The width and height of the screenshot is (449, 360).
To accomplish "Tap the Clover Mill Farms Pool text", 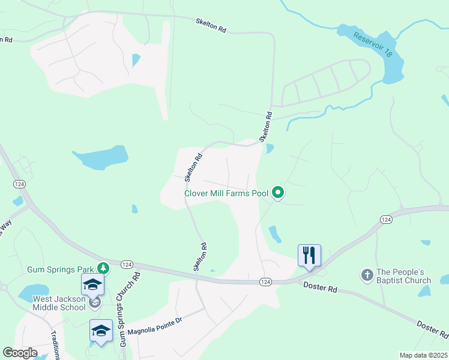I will coord(226,193).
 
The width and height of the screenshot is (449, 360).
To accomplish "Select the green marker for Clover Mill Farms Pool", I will coord(278,193).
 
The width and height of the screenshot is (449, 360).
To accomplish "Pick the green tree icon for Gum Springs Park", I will coord(104,266).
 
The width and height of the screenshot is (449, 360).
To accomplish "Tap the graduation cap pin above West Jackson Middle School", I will coord(93,285).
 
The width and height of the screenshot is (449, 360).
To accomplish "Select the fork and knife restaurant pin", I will coord(309,255).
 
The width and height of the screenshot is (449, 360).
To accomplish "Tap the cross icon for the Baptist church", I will coord(367,275).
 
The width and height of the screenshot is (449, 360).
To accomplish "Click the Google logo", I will coord(20,353).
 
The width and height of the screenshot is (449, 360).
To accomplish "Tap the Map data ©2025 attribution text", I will coord(423,355).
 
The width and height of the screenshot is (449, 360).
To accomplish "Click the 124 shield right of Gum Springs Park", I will coord(127,264).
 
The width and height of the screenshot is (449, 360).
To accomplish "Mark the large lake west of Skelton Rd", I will coord(102,158).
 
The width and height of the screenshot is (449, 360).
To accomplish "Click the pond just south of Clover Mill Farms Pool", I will coord(274,233).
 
